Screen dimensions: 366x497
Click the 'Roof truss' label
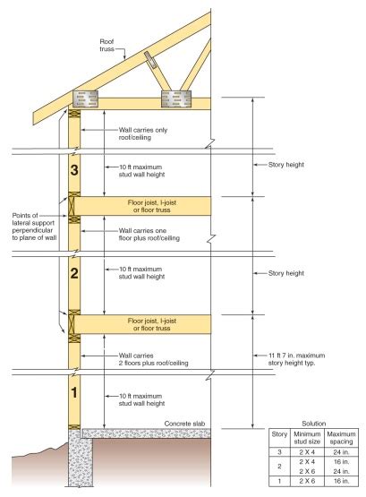click(x=106, y=46)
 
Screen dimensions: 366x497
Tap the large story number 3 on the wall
click(x=74, y=170)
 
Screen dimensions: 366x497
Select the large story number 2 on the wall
click(x=74, y=273)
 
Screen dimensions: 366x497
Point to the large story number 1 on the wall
click(x=74, y=392)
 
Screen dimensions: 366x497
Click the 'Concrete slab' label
click(x=184, y=424)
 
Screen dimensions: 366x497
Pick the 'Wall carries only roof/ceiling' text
click(x=143, y=133)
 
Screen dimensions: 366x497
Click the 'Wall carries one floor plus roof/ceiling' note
click(x=149, y=235)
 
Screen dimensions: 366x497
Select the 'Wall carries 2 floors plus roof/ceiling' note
click(x=154, y=359)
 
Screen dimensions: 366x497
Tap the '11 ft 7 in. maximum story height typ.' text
click(x=296, y=359)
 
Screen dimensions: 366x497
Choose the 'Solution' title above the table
click(x=313, y=424)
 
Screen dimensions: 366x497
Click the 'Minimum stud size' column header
click(x=307, y=438)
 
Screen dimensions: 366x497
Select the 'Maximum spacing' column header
click(x=341, y=438)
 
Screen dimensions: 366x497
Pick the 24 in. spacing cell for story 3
click(x=341, y=452)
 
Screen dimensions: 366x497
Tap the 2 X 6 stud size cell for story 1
click(x=307, y=481)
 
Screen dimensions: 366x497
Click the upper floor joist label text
click(x=152, y=206)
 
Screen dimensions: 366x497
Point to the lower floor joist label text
click(x=152, y=324)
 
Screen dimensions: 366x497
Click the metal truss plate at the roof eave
click(x=85, y=99)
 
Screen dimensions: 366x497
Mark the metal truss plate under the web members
click(x=176, y=99)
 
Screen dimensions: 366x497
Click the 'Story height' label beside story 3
click(x=286, y=165)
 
